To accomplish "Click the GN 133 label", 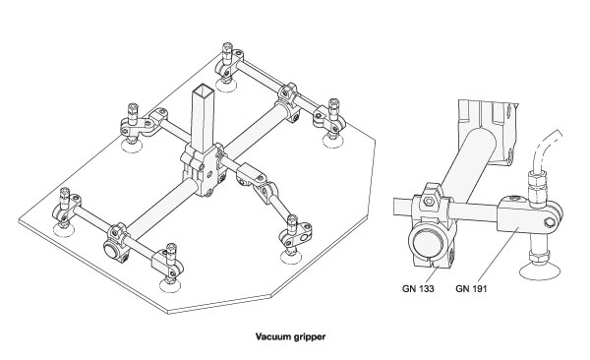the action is [x=418, y=289].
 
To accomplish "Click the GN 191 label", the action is [x=471, y=289].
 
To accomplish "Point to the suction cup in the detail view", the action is [x=540, y=271].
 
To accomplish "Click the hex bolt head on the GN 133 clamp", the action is [x=429, y=202].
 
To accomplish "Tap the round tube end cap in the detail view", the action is [x=427, y=243].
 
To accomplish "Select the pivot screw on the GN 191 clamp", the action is [x=550, y=221].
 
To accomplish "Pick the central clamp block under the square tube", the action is [x=204, y=171].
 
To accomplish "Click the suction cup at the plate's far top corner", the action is [x=226, y=86].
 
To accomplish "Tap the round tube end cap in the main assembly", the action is [x=111, y=250].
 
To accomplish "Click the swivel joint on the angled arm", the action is [x=265, y=191].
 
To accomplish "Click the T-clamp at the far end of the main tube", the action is [x=289, y=100].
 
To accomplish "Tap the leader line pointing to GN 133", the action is [x=433, y=273].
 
